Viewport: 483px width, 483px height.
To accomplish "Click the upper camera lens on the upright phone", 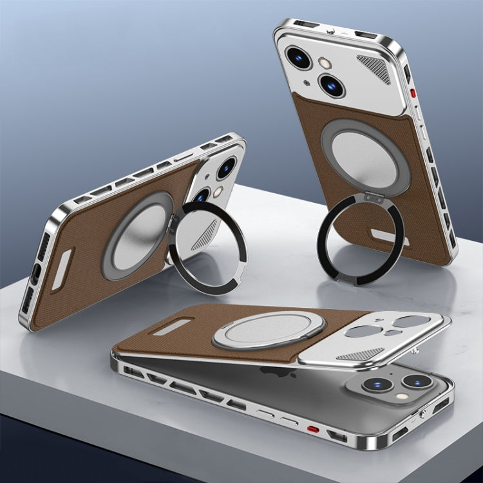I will click(x=300, y=57).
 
